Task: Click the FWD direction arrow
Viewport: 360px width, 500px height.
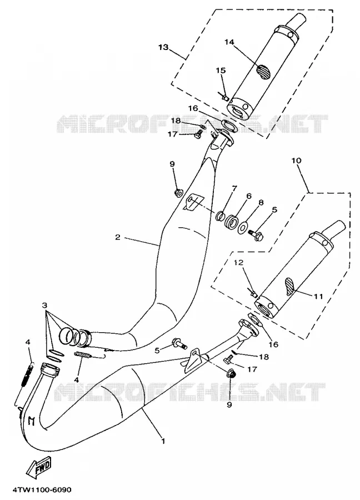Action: pos(38,467)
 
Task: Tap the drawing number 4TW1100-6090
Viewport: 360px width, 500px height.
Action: pos(42,489)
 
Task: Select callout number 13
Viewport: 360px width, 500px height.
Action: pos(163,47)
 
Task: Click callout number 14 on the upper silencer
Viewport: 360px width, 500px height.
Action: pos(229,42)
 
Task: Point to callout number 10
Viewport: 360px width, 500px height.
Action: pos(296,160)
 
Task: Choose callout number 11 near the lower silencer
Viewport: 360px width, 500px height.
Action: pos(318,297)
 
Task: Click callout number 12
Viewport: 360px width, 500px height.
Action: pos(239,262)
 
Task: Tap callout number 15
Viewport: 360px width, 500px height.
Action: pos(221,71)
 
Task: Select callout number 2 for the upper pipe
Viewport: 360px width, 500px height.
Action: pos(118,237)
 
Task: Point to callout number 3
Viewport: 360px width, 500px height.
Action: pos(44,305)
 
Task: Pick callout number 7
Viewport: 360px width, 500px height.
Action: pos(234,188)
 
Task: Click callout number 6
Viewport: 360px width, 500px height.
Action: pos(249,196)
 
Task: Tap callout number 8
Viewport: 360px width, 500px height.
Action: pos(261,202)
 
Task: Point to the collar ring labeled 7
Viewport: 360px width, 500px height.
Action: pos(219,216)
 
